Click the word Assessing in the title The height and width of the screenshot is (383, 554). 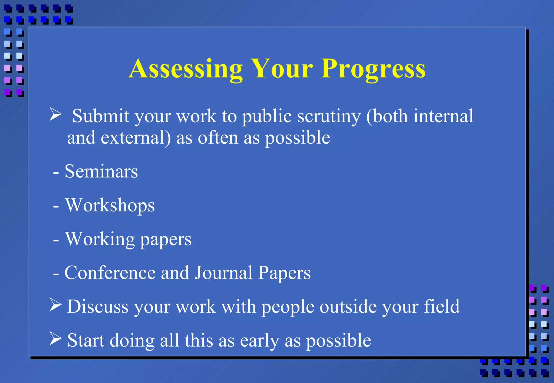(x=186, y=69)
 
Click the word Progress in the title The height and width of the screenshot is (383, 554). (x=373, y=69)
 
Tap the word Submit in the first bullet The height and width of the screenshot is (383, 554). (x=101, y=116)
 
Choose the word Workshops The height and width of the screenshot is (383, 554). (x=110, y=205)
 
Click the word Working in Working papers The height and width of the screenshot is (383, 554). (x=100, y=239)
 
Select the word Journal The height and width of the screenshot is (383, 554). (x=223, y=273)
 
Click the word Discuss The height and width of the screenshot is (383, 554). (x=98, y=307)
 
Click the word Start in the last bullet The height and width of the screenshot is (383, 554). (x=86, y=340)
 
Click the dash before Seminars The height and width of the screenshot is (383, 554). (x=56, y=172)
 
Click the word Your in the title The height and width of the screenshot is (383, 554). (x=281, y=69)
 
